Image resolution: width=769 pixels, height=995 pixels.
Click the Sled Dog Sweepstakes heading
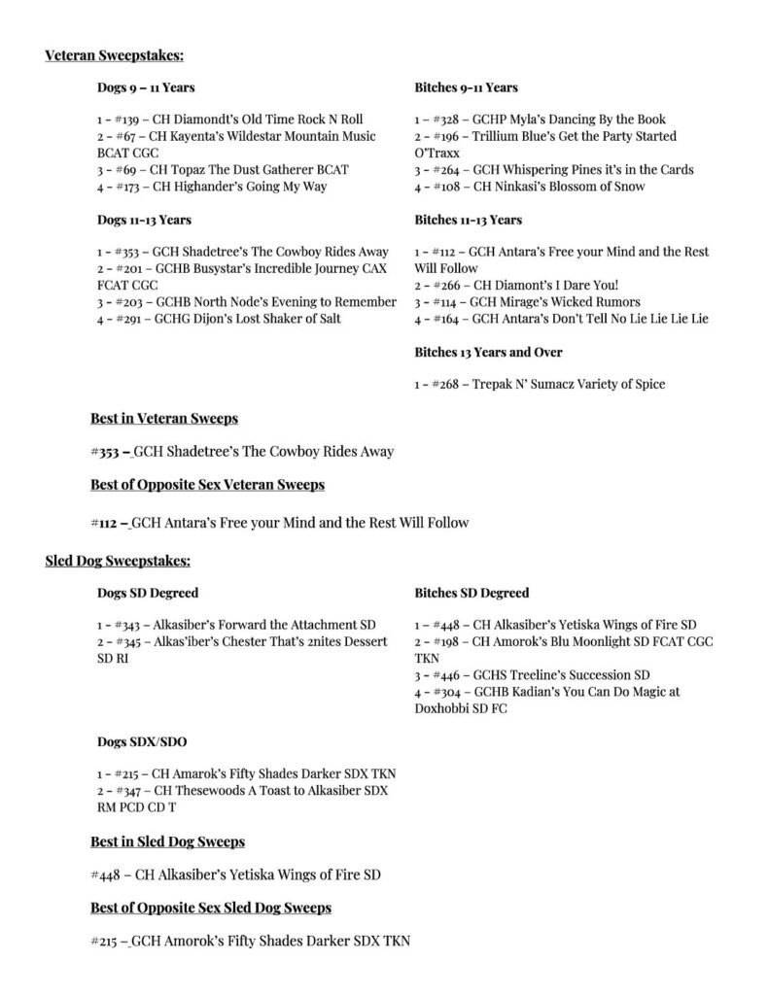pyautogui.click(x=118, y=561)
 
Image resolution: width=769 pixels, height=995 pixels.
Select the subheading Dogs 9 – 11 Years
pyautogui.click(x=146, y=87)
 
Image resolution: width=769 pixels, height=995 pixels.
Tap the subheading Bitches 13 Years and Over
pyautogui.click(x=488, y=352)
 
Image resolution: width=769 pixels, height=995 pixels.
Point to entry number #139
pyautogui.click(x=130, y=120)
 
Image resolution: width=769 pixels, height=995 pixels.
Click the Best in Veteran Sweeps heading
pyautogui.click(x=164, y=419)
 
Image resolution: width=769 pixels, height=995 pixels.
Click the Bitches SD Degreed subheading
pyautogui.click(x=472, y=593)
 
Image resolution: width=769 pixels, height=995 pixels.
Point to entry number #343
pyautogui.click(x=130, y=625)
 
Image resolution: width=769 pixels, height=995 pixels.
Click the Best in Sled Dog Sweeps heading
pyautogui.click(x=167, y=841)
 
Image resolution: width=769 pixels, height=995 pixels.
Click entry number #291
pyautogui.click(x=130, y=319)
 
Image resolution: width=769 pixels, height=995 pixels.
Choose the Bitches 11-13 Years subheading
pyautogui.click(x=469, y=220)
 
